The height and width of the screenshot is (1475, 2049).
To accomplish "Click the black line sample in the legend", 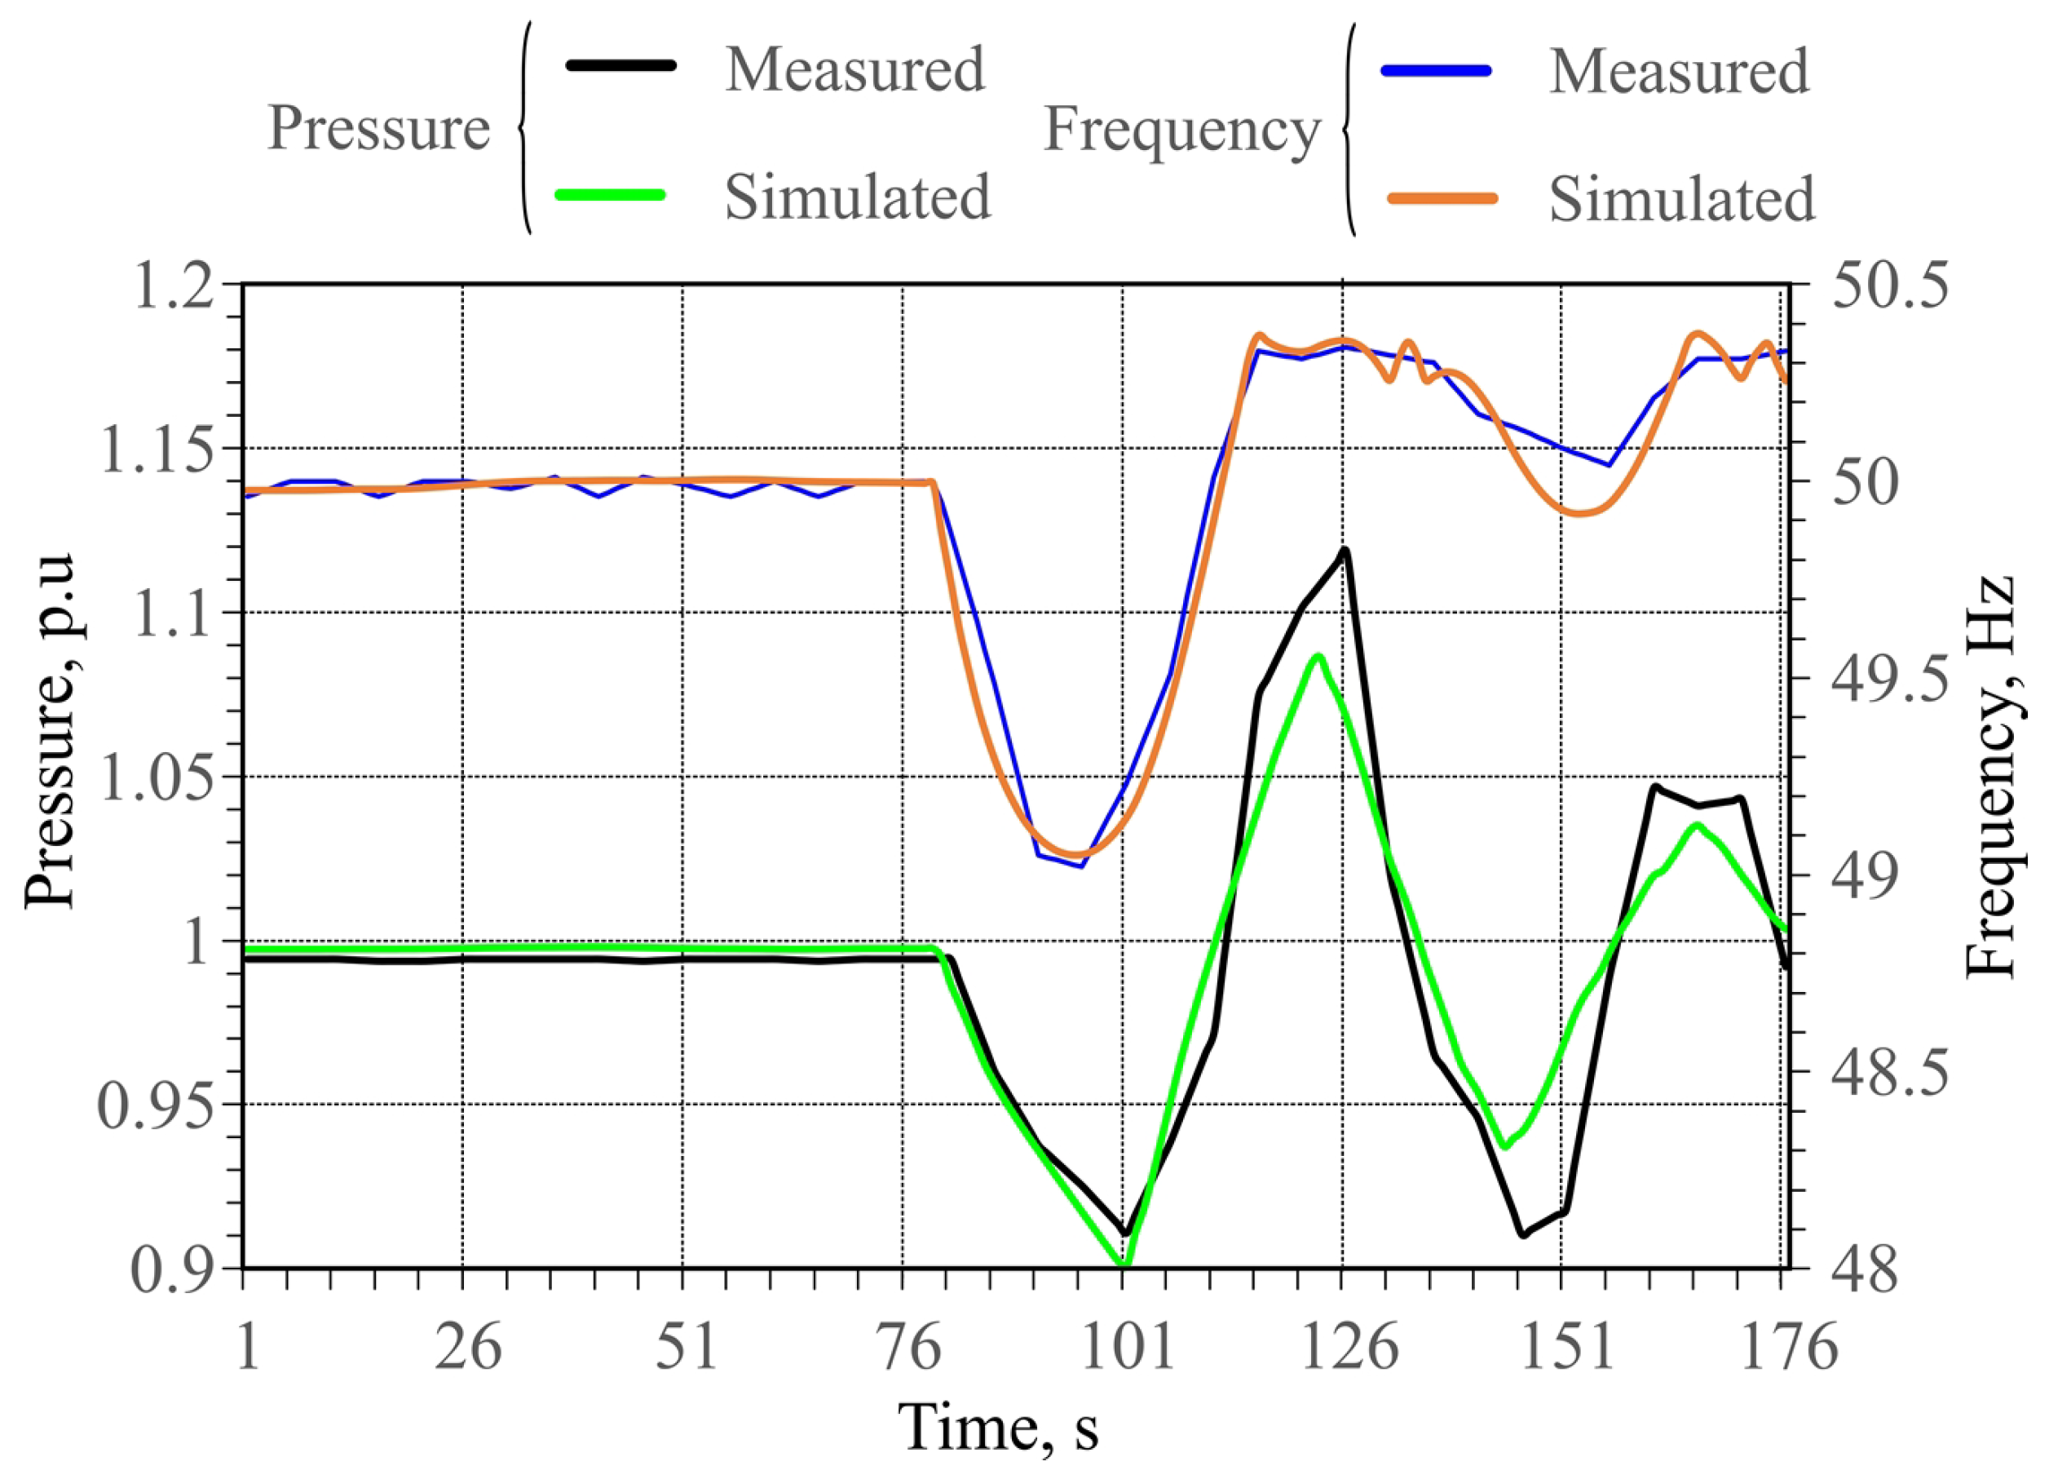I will tap(620, 65).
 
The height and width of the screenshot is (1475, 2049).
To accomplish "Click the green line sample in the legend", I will tap(611, 194).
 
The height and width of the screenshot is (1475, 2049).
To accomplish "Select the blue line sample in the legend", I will tap(1436, 70).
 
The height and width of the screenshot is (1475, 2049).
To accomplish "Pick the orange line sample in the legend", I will tap(1442, 199).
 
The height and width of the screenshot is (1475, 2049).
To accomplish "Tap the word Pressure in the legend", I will tap(378, 129).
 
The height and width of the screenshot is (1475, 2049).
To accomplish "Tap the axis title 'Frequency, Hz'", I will tap(1992, 777).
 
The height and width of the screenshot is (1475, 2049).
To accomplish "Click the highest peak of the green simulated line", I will tap(1319, 657).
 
